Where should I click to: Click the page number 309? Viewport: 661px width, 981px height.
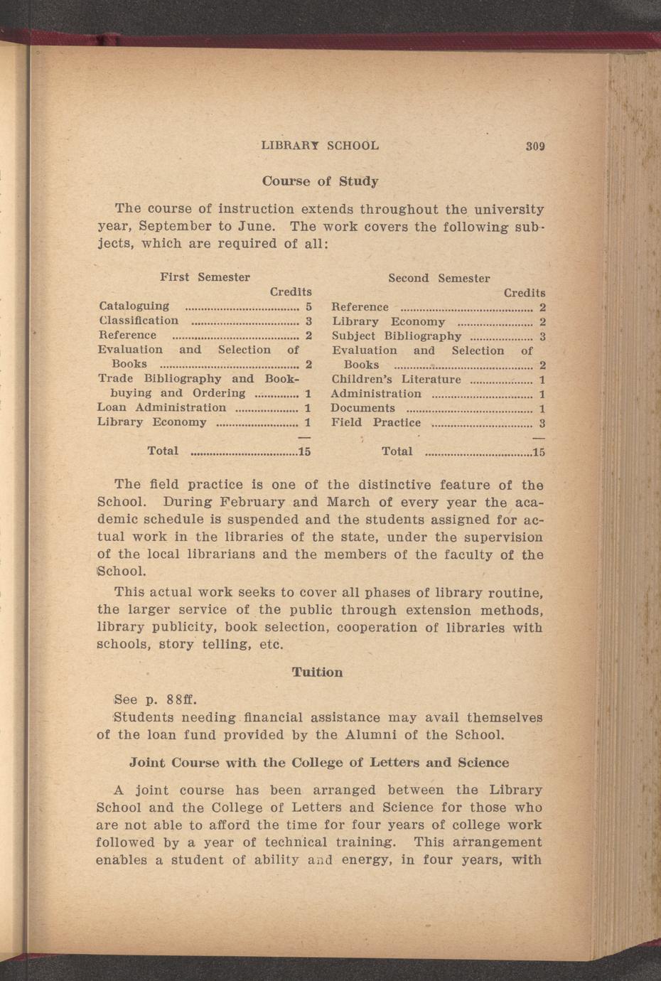[x=534, y=146]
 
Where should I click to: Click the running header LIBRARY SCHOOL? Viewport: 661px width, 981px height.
[x=320, y=146]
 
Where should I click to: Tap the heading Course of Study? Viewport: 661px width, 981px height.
[x=320, y=181]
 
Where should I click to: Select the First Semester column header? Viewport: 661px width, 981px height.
[x=205, y=277]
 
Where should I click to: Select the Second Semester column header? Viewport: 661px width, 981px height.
[x=439, y=278]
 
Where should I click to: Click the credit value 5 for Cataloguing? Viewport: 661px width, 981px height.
[x=308, y=306]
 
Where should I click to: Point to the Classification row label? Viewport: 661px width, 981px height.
[x=138, y=321]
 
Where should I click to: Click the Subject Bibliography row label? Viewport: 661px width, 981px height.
[x=397, y=336]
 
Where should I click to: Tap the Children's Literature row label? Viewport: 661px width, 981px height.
[x=396, y=380]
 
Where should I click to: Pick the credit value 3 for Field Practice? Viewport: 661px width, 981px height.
[x=542, y=423]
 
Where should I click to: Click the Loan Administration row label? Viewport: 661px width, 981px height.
[x=161, y=407]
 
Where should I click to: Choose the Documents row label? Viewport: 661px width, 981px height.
[x=362, y=408]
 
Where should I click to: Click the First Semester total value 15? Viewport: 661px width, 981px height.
[x=305, y=451]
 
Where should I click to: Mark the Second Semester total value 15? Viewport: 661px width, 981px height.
[x=538, y=451]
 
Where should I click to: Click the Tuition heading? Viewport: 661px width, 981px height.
[x=317, y=672]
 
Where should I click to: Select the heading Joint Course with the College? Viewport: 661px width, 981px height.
[x=319, y=763]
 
